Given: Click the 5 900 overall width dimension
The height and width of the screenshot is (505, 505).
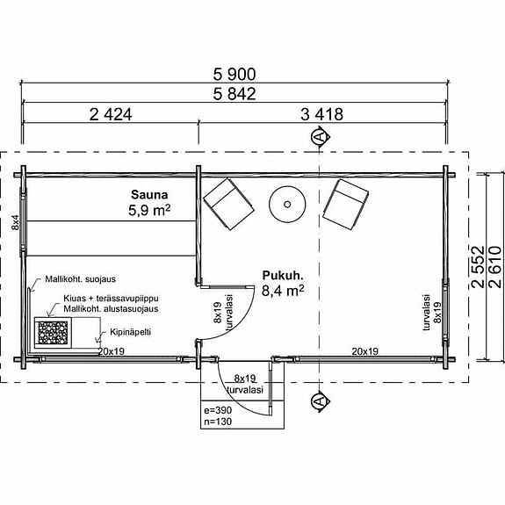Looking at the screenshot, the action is pyautogui.click(x=234, y=74).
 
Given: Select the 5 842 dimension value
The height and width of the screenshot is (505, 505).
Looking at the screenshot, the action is pyautogui.click(x=234, y=94).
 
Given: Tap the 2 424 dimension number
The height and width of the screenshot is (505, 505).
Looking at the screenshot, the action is pyautogui.click(x=111, y=114).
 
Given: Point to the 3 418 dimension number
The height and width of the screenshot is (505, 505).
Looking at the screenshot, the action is pyautogui.click(x=321, y=114).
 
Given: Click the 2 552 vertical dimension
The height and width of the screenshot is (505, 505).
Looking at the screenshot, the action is pyautogui.click(x=478, y=267).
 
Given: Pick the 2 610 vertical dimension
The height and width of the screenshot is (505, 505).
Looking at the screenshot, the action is pyautogui.click(x=495, y=267).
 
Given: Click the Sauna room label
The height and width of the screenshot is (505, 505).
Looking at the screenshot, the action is pyautogui.click(x=149, y=194).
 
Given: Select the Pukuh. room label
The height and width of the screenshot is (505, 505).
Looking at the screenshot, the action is pyautogui.click(x=283, y=276).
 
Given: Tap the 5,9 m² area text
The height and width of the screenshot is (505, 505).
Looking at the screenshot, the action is pyautogui.click(x=149, y=211).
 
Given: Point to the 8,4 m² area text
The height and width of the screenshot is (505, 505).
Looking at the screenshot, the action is pyautogui.click(x=283, y=291).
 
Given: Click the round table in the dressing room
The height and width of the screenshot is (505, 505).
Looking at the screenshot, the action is pyautogui.click(x=287, y=204).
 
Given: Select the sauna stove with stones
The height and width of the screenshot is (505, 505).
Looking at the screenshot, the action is pyautogui.click(x=53, y=333).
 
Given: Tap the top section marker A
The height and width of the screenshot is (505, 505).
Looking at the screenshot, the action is pyautogui.click(x=320, y=136).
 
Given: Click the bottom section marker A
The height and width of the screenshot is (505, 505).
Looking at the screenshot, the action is pyautogui.click(x=320, y=401).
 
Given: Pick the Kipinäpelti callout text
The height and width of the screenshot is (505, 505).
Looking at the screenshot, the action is pyautogui.click(x=130, y=332).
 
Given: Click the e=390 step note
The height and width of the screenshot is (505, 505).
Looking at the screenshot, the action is pyautogui.click(x=218, y=410).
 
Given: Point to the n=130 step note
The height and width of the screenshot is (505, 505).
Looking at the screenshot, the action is pyautogui.click(x=218, y=422).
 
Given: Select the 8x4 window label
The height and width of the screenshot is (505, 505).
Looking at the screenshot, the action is pyautogui.click(x=16, y=222).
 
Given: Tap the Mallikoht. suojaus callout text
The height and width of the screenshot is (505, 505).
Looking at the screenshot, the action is pyautogui.click(x=80, y=279).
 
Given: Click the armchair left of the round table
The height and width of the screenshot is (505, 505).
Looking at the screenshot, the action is pyautogui.click(x=228, y=204).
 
